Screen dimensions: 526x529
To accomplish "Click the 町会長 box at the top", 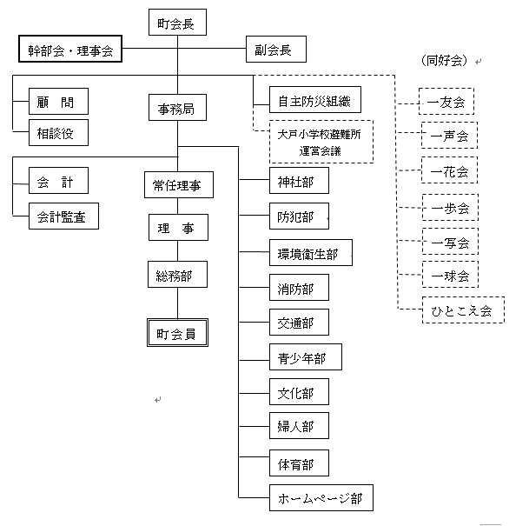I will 177,23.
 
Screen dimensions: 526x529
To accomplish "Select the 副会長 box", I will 274,50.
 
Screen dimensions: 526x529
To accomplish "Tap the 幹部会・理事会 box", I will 71,50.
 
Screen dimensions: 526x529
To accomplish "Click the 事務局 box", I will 177,109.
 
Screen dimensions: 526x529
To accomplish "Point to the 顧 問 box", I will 57,102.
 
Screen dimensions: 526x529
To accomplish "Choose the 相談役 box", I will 57,133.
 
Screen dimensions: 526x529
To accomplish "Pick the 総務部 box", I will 177,276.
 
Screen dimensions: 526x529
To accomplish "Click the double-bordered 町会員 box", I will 177,333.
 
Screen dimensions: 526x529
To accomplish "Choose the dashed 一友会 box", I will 447,102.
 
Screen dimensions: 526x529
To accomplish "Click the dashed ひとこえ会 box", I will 462,310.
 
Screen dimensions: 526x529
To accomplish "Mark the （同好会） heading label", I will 444,61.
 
